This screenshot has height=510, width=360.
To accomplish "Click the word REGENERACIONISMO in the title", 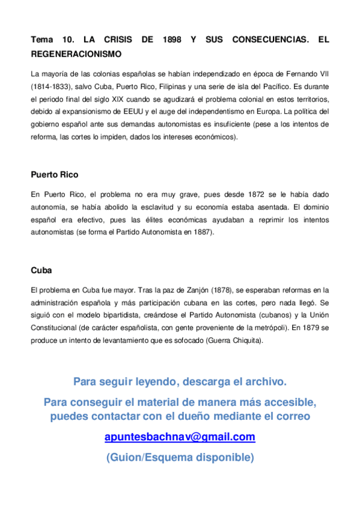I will pyautogui.click(x=76, y=54).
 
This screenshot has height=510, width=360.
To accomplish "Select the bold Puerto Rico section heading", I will pyautogui.click(x=54, y=175).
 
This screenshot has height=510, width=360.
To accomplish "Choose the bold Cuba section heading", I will pyautogui.click(x=41, y=271).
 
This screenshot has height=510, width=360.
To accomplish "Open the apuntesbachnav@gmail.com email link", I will pyautogui.click(x=180, y=437).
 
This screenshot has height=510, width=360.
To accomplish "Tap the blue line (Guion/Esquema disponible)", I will pyautogui.click(x=180, y=457).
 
